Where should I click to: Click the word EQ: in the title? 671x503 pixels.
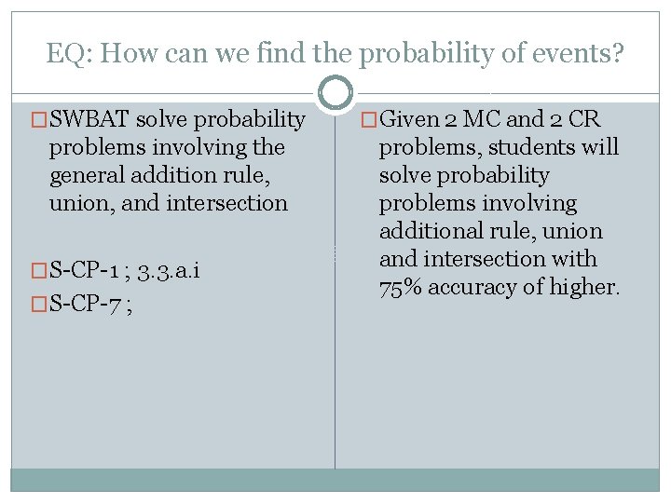click(69, 54)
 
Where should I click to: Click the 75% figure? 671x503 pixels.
click(403, 288)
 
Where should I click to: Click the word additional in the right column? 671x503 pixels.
click(429, 231)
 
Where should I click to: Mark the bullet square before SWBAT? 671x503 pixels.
click(39, 120)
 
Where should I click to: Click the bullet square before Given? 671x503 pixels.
click(369, 120)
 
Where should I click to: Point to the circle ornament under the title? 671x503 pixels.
click(335, 93)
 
